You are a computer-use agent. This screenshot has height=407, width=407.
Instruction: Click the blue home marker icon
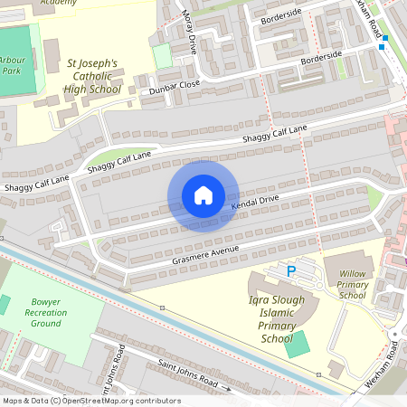pos(203,195)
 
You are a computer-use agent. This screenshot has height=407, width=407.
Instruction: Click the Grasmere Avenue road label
pos(205,255)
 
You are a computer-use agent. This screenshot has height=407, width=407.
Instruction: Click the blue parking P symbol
pos(291,270)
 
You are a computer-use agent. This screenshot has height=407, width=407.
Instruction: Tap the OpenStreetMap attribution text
pos(91,401)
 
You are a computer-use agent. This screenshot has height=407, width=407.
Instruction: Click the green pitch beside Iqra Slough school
pos(296,345)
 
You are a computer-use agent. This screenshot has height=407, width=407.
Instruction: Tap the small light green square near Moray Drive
pos(163,55)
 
